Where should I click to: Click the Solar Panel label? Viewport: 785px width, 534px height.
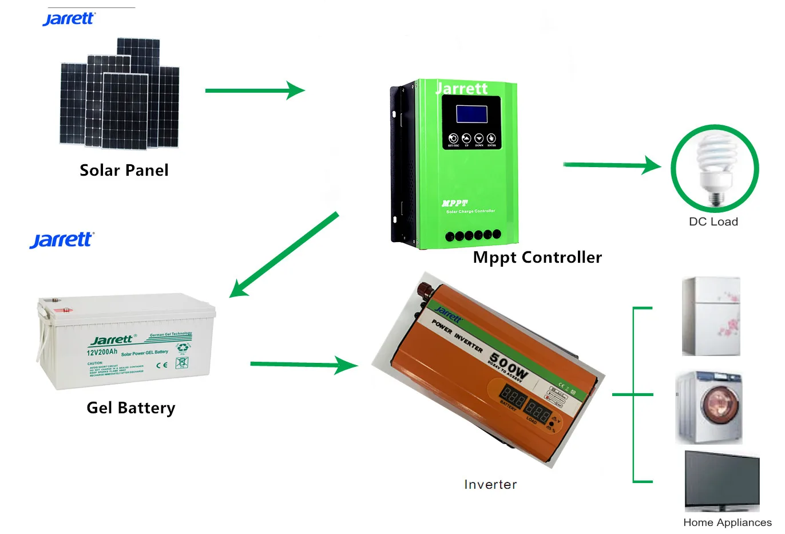(124, 171)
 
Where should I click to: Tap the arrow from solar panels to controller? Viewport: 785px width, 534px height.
(255, 90)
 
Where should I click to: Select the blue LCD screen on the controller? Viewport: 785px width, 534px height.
(471, 114)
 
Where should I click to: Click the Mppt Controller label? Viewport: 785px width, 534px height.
(537, 258)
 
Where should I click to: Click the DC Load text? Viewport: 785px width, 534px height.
(713, 222)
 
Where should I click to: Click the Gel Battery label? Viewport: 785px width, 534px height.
(130, 408)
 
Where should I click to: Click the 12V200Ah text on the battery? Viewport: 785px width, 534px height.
(102, 352)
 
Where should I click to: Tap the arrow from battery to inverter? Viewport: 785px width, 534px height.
(303, 365)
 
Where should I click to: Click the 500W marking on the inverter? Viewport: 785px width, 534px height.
(509, 366)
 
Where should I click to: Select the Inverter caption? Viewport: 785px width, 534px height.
(490, 485)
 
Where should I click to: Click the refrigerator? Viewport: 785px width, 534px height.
(711, 317)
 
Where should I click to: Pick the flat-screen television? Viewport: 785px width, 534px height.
(722, 480)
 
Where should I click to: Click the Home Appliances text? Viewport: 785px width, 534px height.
(727, 523)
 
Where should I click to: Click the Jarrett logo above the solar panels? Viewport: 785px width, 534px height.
(68, 19)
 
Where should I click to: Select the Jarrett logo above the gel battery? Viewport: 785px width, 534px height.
(61, 240)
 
